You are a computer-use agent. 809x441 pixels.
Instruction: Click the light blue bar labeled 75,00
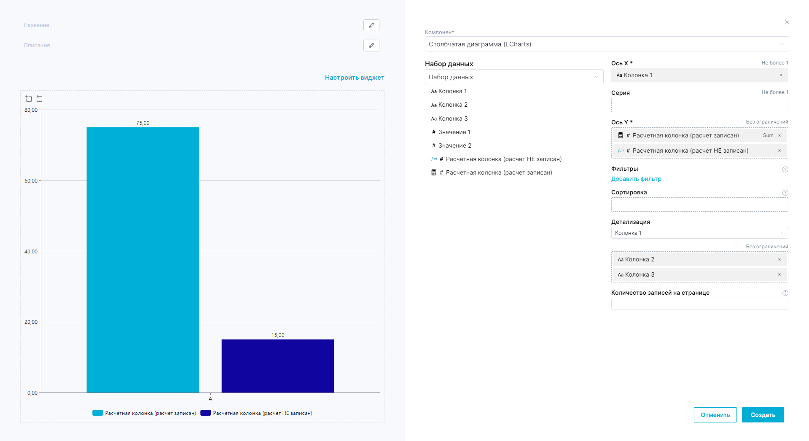(142, 259)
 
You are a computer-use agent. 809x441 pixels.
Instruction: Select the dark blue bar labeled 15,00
(277, 366)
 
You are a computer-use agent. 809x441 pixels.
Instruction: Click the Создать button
(763, 415)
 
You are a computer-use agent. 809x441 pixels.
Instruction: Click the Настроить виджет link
(354, 78)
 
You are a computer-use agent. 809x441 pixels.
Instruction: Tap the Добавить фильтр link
(636, 179)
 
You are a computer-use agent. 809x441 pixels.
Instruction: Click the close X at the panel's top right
(787, 22)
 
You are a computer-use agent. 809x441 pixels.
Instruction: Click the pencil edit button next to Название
(371, 25)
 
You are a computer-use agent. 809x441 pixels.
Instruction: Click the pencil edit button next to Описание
(371, 46)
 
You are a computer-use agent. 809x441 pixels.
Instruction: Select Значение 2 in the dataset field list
(454, 145)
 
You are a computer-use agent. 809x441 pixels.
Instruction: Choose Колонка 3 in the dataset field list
(453, 118)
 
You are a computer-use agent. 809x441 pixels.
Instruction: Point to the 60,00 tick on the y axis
(31, 181)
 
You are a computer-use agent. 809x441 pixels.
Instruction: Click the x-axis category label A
(210, 399)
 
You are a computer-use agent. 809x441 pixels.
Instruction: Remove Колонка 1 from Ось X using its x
(780, 75)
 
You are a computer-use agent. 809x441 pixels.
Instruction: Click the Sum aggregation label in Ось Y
(768, 135)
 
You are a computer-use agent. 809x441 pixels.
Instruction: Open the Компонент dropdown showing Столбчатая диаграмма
(606, 44)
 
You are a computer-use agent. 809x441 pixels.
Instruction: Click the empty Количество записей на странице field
(699, 304)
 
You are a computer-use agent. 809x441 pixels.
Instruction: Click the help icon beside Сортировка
(785, 193)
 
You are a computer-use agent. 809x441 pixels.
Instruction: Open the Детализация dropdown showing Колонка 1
(699, 233)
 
